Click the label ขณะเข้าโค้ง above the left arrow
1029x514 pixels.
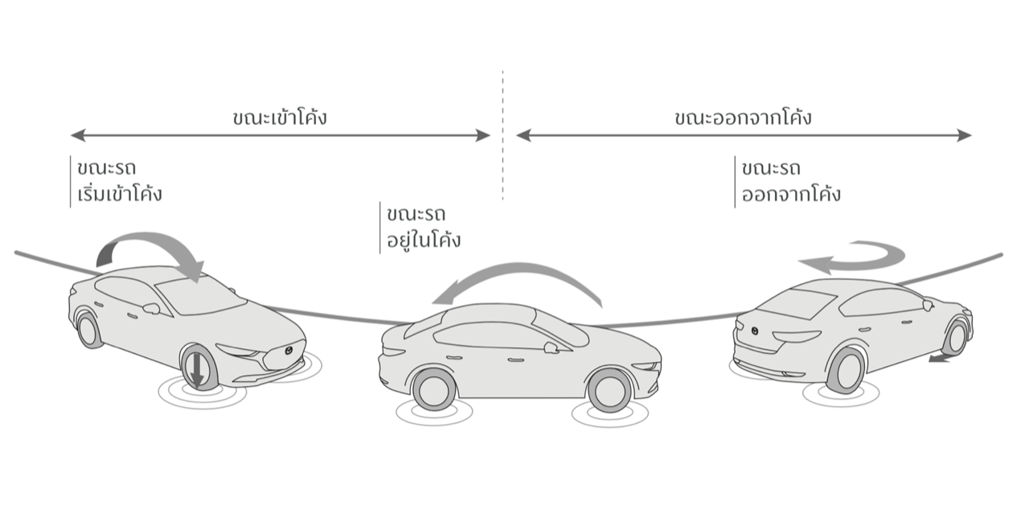tap(279, 117)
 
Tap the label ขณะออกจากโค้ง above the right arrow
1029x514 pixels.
tap(743, 117)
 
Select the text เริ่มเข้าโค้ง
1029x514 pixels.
tap(116, 194)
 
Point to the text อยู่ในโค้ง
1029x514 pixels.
tap(424, 240)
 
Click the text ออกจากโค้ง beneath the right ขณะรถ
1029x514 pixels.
tap(791, 194)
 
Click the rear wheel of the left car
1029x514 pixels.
tap(88, 329)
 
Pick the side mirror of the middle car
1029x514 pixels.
tap(551, 347)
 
